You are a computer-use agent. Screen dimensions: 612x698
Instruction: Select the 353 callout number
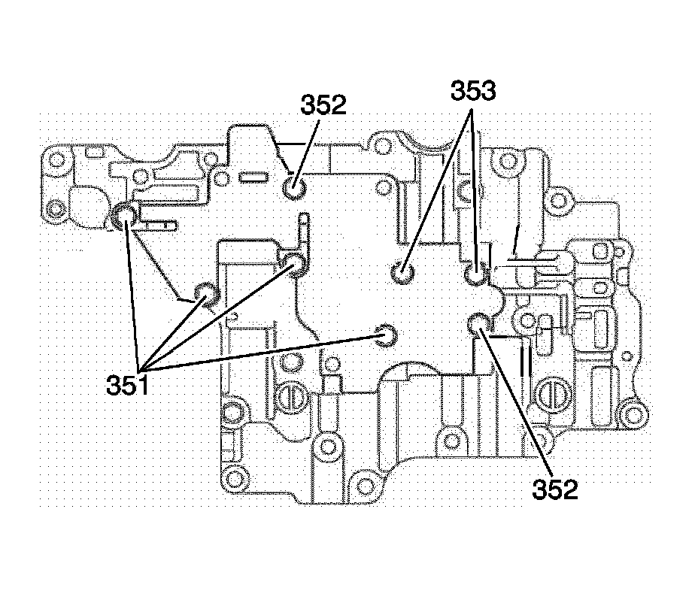coord(473,91)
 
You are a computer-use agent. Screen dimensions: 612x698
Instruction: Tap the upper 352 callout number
coord(323,105)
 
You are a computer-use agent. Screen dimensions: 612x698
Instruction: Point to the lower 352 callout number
coord(555,489)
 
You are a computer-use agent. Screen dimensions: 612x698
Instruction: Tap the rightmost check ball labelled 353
coord(475,274)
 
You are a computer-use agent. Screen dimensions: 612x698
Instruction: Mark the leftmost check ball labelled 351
coord(125,217)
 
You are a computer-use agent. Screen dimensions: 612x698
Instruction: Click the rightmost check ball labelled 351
coord(387,335)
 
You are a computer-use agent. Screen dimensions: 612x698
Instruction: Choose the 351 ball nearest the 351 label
coord(205,292)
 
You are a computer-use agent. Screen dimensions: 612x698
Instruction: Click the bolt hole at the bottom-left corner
coord(235,478)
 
